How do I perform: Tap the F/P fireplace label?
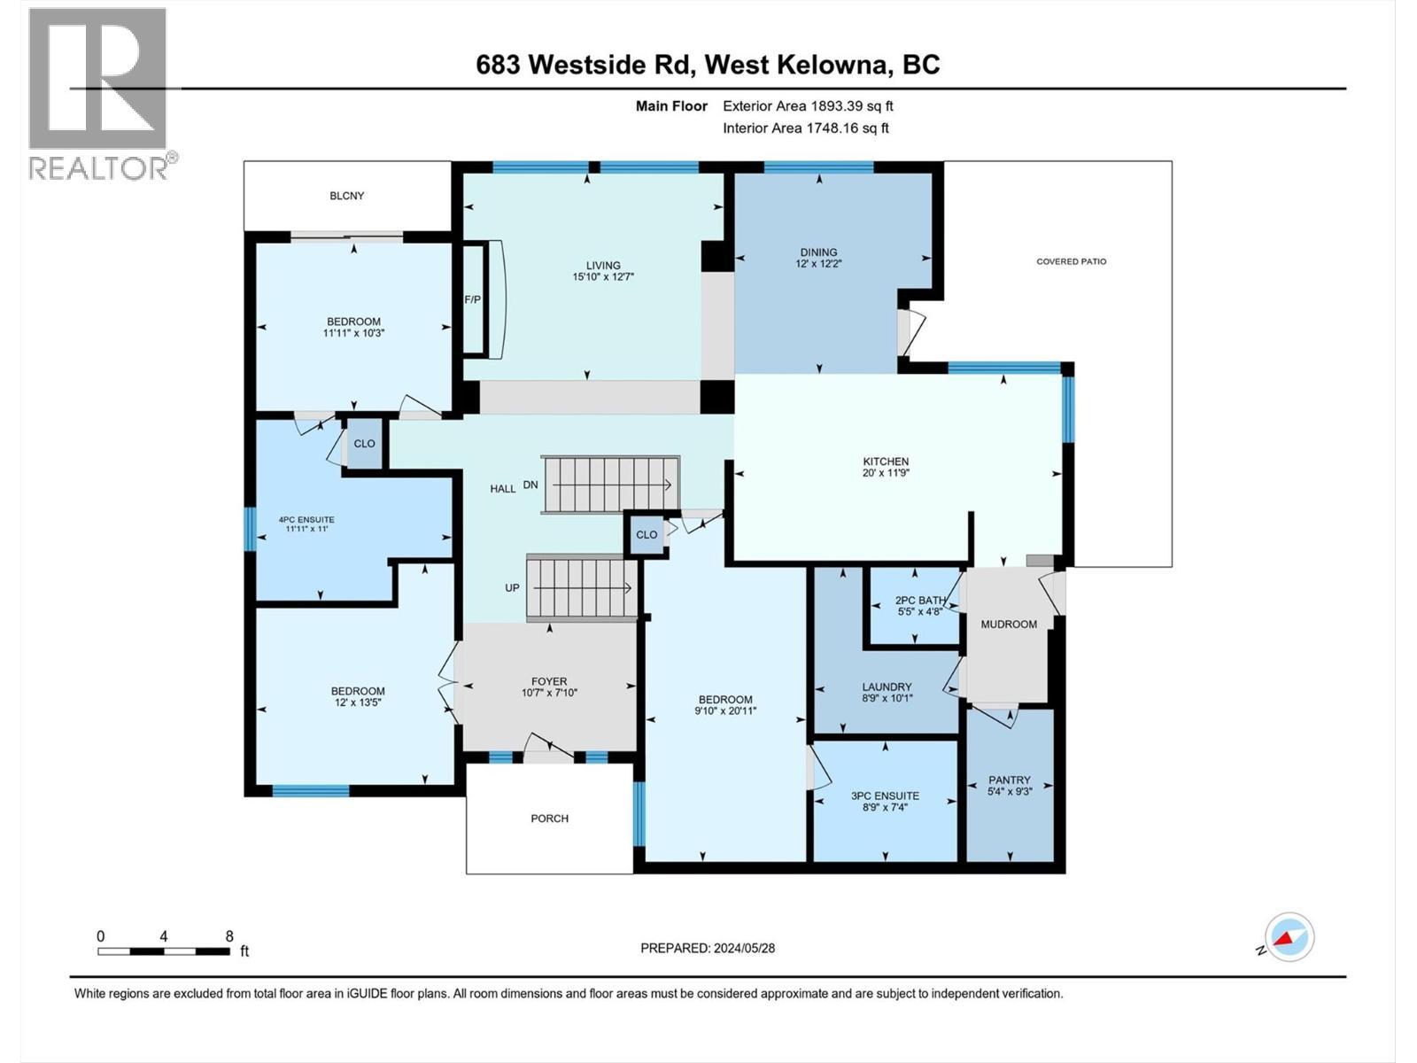tap(473, 299)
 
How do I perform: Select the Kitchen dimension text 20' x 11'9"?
tap(887, 473)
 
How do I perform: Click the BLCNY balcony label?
tap(346, 196)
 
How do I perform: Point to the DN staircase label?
tap(530, 485)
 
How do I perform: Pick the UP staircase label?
tap(512, 587)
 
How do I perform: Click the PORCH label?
tap(549, 819)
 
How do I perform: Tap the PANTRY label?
tap(1010, 780)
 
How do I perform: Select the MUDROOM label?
tap(1009, 625)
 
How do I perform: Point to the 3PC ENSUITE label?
tap(885, 795)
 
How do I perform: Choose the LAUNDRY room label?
tap(887, 687)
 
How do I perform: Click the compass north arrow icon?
tap(1289, 938)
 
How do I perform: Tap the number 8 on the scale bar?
tap(229, 936)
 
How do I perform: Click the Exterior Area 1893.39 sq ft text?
tap(808, 106)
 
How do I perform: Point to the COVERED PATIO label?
tap(1071, 261)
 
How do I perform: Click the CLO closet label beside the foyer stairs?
tap(647, 534)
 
